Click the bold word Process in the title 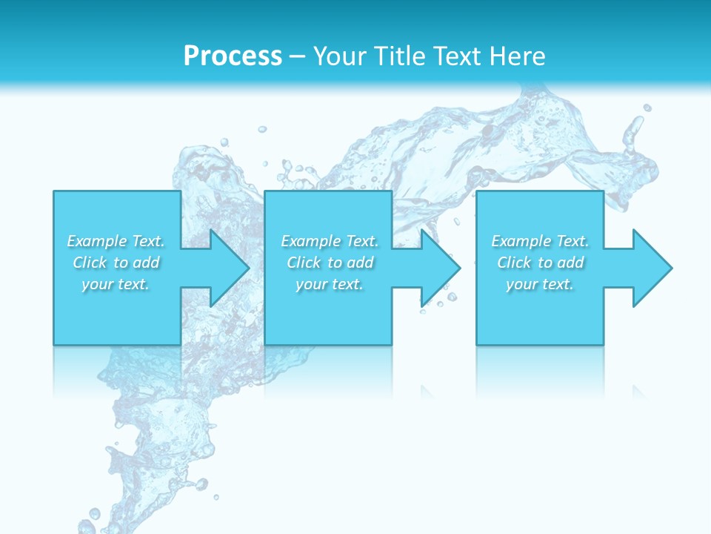click(233, 56)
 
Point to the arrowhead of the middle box click(442, 268)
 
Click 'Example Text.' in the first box click(116, 241)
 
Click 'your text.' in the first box click(116, 284)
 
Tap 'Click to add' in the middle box click(330, 263)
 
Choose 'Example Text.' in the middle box click(330, 241)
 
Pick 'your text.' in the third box click(540, 284)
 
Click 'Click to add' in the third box click(540, 263)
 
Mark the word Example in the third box click(521, 241)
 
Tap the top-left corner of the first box click(54, 192)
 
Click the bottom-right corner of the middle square click(391, 344)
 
